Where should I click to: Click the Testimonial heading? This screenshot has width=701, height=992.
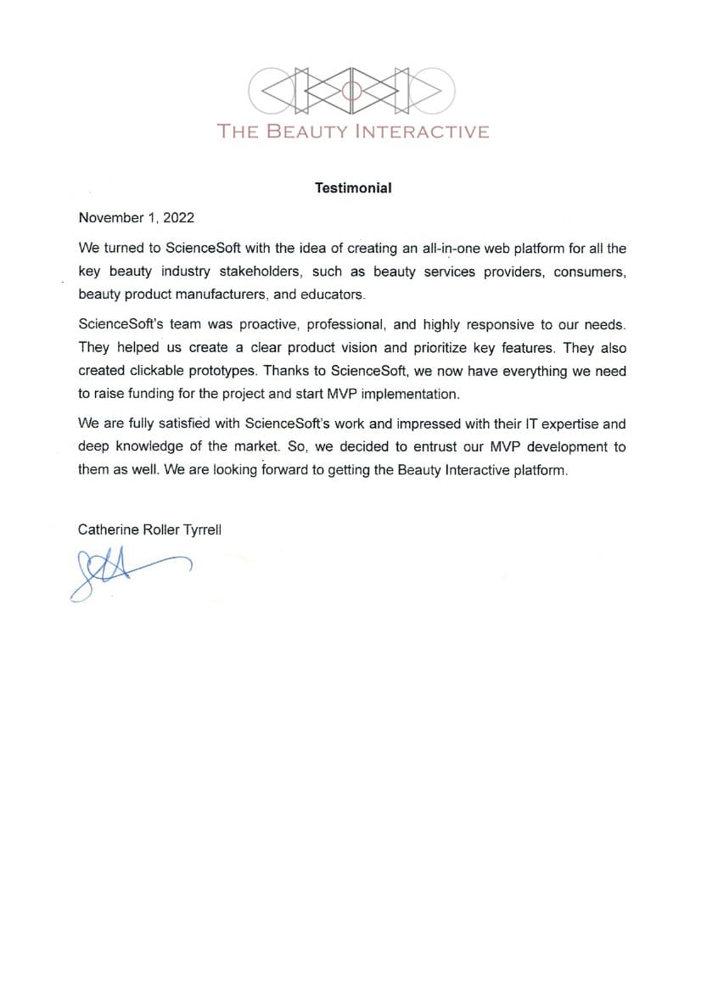tap(353, 188)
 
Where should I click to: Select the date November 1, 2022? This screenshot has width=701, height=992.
tap(136, 218)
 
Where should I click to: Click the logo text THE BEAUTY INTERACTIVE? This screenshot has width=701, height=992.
tap(353, 132)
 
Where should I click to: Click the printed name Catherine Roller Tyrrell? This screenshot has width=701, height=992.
tap(149, 530)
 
